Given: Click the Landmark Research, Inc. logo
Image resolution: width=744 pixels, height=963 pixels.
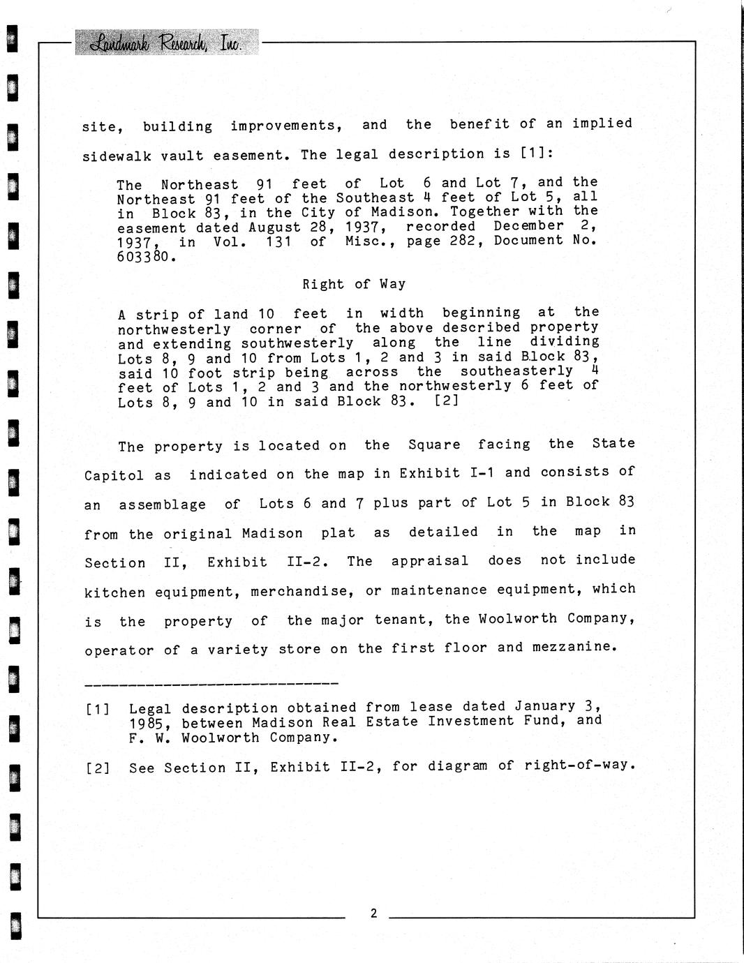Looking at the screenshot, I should tap(166, 43).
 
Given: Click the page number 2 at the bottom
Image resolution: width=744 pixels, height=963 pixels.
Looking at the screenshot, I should tap(373, 913).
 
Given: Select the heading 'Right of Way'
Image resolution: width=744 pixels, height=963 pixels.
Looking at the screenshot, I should tap(354, 284).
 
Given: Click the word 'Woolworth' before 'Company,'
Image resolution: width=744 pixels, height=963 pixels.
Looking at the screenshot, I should tap(518, 619).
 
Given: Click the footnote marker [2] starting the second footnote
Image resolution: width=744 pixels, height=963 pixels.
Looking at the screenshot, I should tap(97, 768).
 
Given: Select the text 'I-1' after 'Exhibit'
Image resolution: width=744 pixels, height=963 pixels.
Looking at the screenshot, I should tap(482, 473).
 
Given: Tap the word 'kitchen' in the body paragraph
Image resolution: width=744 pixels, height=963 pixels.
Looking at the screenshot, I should tap(115, 593).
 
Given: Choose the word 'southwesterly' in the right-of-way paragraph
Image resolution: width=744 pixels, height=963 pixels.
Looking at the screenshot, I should tap(297, 343).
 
